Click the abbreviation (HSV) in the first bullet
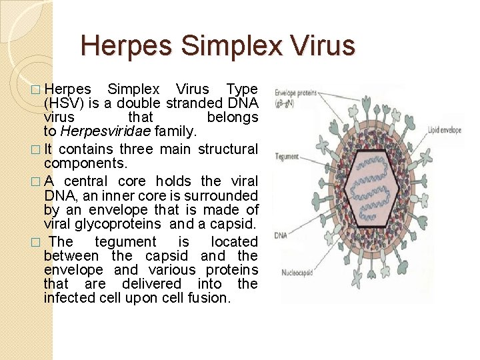pyautogui.click(x=61, y=103)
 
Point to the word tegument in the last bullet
pyautogui.click(x=125, y=241)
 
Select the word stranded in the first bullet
pyautogui.click(x=194, y=103)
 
